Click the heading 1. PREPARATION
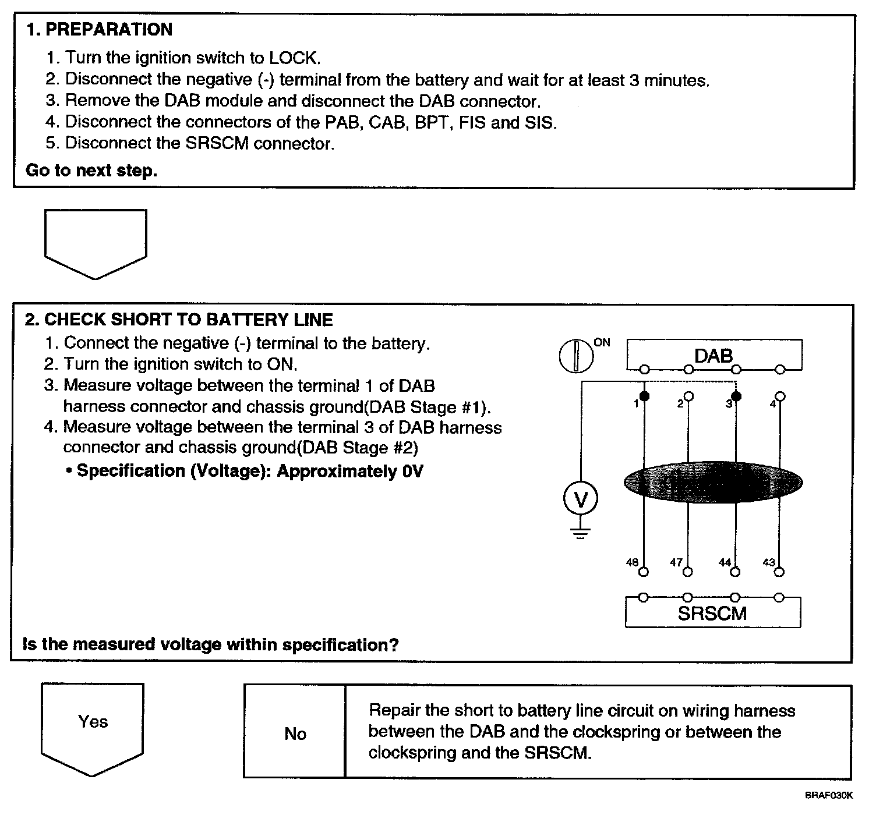click(100, 30)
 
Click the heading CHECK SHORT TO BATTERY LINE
click(189, 320)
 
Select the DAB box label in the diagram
click(713, 355)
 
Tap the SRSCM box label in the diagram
click(712, 614)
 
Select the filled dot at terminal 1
click(644, 396)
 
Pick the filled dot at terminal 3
click(736, 396)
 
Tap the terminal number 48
click(632, 562)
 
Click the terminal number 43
click(769, 562)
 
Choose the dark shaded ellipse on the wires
click(713, 482)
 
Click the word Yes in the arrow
click(93, 722)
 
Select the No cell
click(295, 733)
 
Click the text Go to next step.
click(91, 171)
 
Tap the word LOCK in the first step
click(294, 58)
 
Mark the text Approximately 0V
click(349, 471)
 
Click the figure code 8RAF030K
click(829, 795)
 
